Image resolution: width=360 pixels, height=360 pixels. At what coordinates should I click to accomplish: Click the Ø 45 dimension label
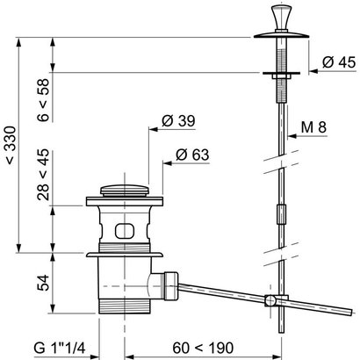click(339, 62)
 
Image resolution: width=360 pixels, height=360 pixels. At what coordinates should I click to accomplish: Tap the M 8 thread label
click(313, 127)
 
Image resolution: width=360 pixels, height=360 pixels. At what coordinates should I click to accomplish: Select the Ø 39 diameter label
click(178, 120)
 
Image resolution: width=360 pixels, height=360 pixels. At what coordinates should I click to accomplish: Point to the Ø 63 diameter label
click(192, 155)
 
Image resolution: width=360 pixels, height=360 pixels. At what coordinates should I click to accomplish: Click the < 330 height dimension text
click(11, 145)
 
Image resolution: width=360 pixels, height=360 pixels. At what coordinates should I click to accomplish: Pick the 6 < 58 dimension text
click(44, 100)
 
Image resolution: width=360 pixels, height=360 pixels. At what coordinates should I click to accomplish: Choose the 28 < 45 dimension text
click(44, 175)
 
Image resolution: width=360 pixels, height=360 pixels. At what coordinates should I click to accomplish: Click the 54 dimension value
click(44, 282)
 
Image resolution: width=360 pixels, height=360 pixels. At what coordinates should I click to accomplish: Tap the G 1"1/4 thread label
click(60, 348)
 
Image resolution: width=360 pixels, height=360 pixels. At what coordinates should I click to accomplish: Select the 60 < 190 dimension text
click(203, 348)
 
